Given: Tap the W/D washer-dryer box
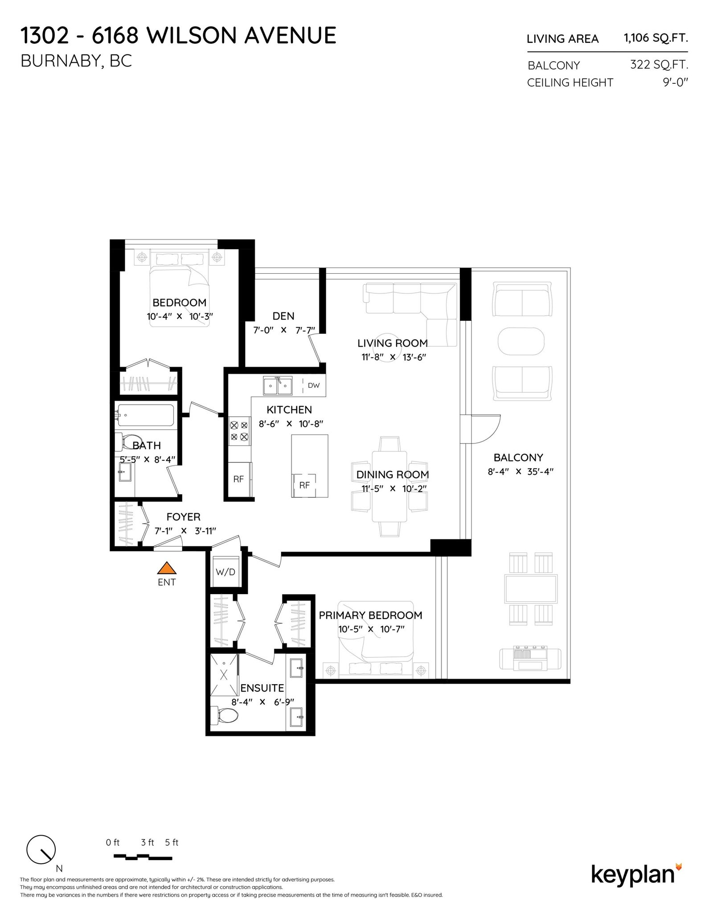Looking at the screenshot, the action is point(225,572).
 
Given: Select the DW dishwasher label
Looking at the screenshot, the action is point(314,385).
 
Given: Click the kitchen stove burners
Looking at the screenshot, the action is point(239,431).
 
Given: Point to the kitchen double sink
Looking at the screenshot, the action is point(278,386).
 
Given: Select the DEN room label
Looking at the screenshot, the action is point(283,316).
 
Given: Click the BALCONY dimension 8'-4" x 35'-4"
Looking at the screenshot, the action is point(520,471).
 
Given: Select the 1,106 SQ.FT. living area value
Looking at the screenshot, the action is point(656,38).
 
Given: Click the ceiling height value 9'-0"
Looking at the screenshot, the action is point(676,82).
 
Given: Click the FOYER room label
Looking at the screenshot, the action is point(184,517).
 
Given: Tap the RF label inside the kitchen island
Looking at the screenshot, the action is point(304,485).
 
